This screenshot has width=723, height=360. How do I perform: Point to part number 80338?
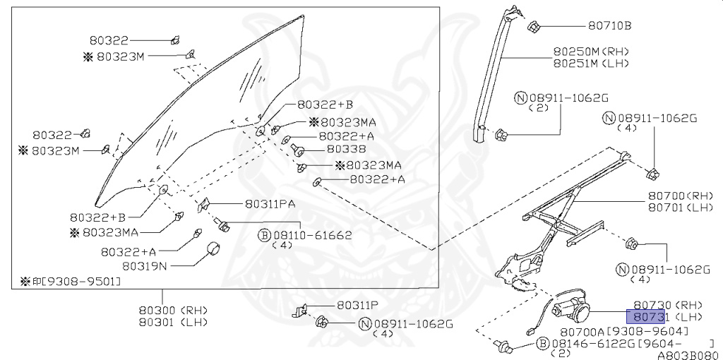tap(346, 150)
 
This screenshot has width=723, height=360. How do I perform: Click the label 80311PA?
tap(270, 204)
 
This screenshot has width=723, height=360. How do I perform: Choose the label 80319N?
tap(145, 266)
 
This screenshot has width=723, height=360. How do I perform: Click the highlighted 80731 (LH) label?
tap(667, 317)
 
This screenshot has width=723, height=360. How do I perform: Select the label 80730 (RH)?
tap(667, 306)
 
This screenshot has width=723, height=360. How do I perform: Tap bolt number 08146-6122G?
tap(591, 342)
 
